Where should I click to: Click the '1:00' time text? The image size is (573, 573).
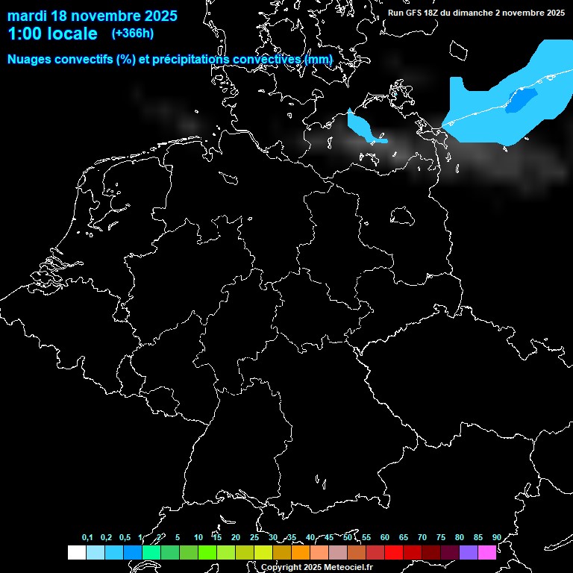pyautogui.click(x=25, y=34)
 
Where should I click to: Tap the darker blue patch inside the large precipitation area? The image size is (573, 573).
pyautogui.click(x=522, y=99)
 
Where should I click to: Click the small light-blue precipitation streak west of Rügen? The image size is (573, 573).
pyautogui.click(x=363, y=127)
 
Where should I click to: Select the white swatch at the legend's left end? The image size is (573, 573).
pyautogui.click(x=76, y=552)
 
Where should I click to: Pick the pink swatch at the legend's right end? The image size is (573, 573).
pyautogui.click(x=487, y=552)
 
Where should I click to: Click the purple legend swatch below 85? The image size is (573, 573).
pyautogui.click(x=469, y=552)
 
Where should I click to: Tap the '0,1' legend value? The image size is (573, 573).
pyautogui.click(x=87, y=538)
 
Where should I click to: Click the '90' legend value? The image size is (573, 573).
pyautogui.click(x=497, y=538)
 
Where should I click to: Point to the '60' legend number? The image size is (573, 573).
pyautogui.click(x=385, y=538)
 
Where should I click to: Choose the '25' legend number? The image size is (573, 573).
pyautogui.click(x=254, y=538)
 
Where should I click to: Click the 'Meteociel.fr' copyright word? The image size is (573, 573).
pyautogui.click(x=348, y=568)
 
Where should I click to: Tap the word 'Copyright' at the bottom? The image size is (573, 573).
pyautogui.click(x=281, y=568)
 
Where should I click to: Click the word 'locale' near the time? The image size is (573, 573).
pyautogui.click(x=72, y=34)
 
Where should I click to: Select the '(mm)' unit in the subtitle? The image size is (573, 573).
pyautogui.click(x=319, y=59)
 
